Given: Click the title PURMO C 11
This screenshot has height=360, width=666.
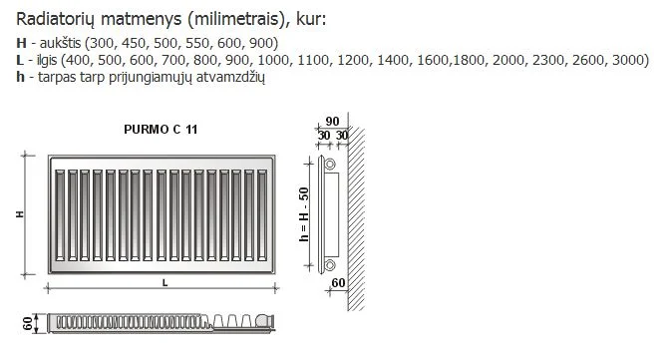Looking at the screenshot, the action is tap(161, 130).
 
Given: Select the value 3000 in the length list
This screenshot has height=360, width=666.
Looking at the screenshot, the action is tap(628, 60).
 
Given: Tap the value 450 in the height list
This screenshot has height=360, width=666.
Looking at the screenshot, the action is tap(134, 43).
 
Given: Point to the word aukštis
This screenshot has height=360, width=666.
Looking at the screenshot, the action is tap(60, 43).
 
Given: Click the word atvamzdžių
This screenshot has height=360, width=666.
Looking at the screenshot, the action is tap(230, 77).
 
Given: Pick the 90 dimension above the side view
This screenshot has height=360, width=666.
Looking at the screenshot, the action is tap(332, 121).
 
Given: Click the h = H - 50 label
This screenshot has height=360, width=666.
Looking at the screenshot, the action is tap(304, 214).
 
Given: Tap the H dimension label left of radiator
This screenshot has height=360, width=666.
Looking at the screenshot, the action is tap(20, 214).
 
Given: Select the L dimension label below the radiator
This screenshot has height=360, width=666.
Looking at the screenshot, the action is tap(165, 282).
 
